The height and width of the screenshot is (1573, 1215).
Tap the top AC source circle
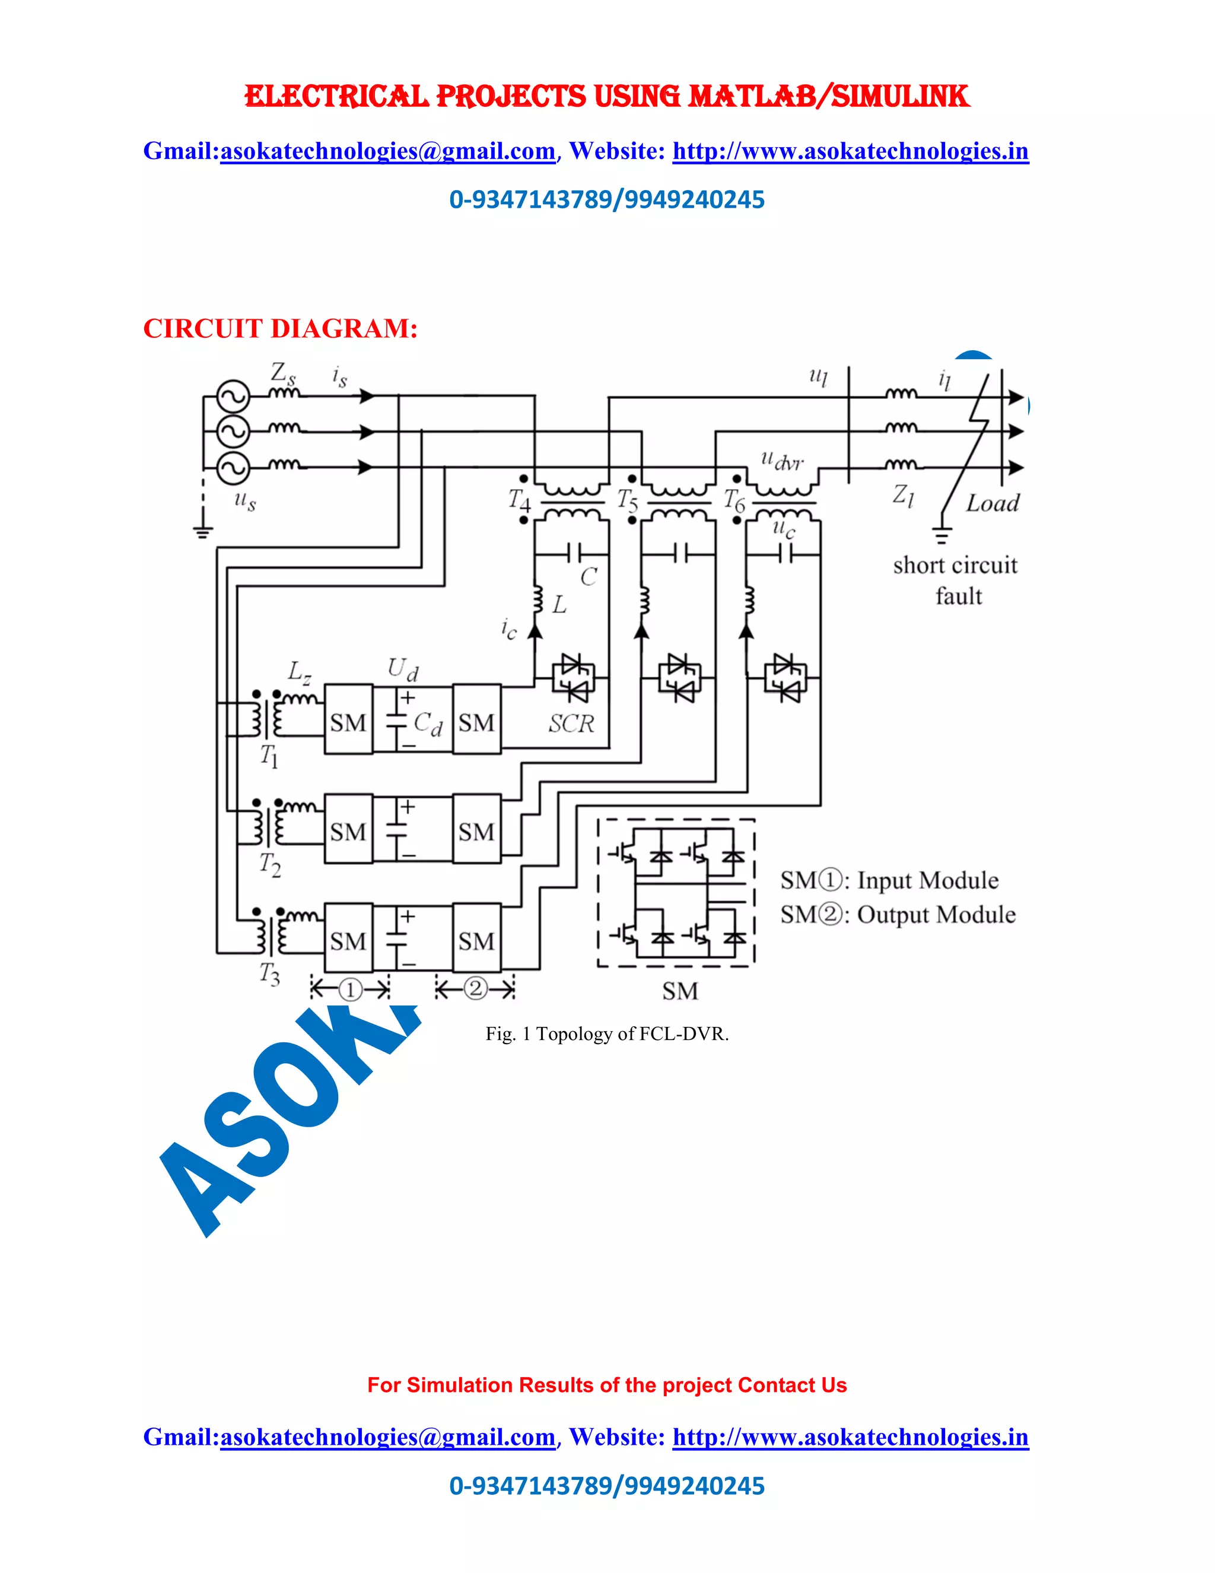pos(233,396)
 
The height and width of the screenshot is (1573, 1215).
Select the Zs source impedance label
pos(282,374)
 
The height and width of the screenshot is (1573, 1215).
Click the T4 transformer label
pos(519,499)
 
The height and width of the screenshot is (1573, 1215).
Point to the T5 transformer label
pos(627,500)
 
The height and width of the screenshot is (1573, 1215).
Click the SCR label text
pos(571,723)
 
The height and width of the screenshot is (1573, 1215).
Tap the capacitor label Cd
pos(428,723)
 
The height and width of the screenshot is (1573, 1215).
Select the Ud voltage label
pos(402,669)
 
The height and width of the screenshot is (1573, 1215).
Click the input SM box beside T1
pos(348,719)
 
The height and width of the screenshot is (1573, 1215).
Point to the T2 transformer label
pos(270,864)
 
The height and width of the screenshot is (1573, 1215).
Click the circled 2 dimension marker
pos(475,988)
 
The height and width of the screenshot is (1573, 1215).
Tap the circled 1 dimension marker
pos(350,990)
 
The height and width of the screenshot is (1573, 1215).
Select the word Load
pos(992,503)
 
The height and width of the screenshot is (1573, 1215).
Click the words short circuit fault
pos(956,581)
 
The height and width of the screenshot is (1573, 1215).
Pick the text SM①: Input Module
pos(890,880)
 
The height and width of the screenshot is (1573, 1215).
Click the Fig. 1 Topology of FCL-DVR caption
pos(607,1034)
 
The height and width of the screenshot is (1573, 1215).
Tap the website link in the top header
pos(850,151)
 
